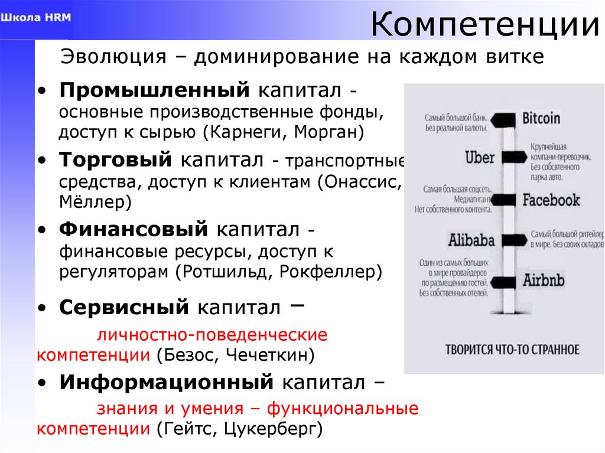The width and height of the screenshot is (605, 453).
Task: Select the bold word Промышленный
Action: coord(152,91)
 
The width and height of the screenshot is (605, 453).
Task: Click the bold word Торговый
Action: coord(115,159)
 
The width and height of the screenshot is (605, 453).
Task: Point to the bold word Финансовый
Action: coord(134,229)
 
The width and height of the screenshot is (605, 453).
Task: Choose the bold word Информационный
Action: coord(166,382)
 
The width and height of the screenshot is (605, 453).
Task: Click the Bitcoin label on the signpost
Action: coord(541,118)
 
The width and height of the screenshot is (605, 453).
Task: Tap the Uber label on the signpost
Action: coord(479,158)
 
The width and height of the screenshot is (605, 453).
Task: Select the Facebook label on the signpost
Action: coord(551,200)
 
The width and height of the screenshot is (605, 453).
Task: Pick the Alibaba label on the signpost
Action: coord(471,240)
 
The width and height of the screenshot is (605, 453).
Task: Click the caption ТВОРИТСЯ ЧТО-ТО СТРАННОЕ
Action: coord(512,349)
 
